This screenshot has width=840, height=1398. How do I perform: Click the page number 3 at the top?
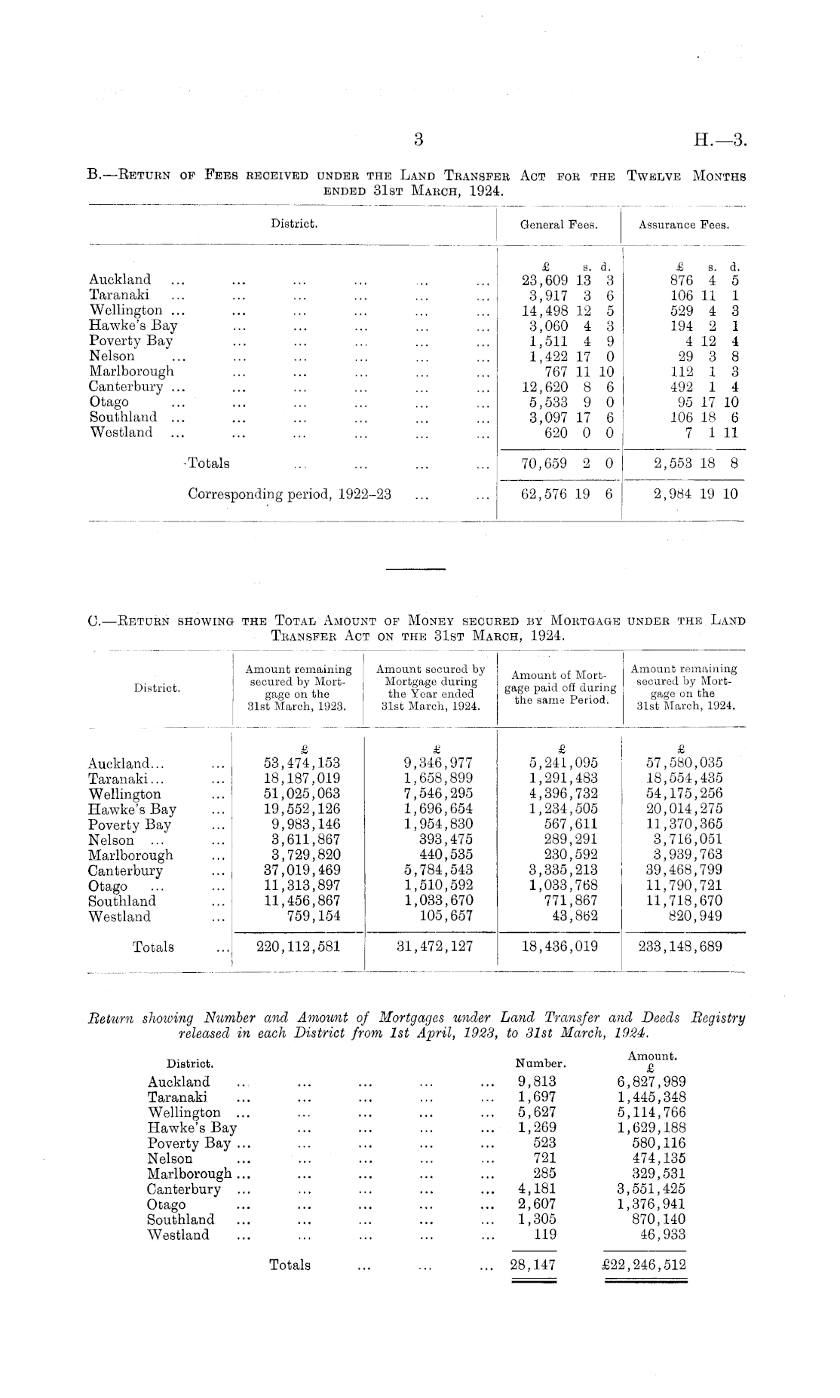419,139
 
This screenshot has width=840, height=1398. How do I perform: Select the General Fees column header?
559,225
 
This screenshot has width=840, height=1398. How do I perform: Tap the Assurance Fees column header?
684,225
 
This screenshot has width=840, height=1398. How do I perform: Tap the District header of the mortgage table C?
157,688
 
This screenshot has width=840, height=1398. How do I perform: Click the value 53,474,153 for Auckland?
299,763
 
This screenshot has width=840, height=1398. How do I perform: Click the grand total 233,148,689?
680,947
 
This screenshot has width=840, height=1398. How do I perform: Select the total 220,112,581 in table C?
299,947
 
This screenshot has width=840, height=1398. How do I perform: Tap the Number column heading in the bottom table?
540,1064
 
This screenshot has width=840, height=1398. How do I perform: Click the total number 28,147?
532,1265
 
